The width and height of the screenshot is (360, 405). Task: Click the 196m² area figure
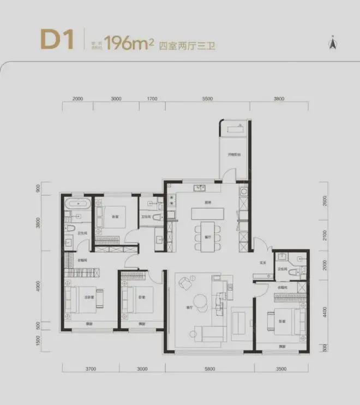click(129, 43)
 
